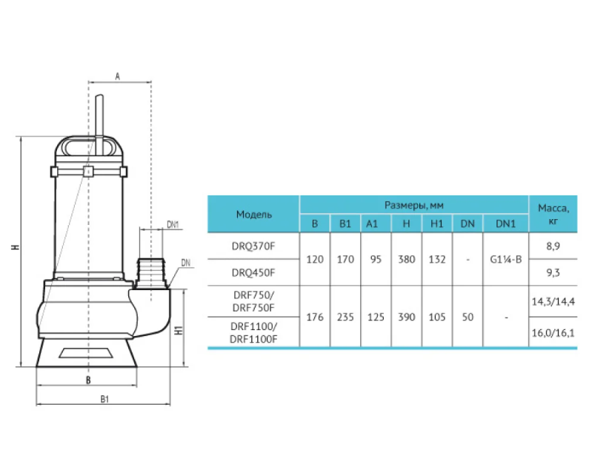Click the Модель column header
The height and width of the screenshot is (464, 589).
pyautogui.click(x=253, y=214)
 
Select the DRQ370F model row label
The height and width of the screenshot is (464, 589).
pyautogui.click(x=253, y=246)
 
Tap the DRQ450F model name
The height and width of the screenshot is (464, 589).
pyautogui.click(x=253, y=272)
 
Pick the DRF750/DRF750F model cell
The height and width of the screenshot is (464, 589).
pyautogui.click(x=253, y=301)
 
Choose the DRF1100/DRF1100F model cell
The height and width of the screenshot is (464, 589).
pyautogui.click(x=253, y=333)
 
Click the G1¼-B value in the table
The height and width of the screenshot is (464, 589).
pyautogui.click(x=505, y=259)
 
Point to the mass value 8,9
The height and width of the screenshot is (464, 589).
pyautogui.click(x=553, y=246)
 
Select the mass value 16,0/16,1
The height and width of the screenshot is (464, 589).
pyautogui.click(x=553, y=333)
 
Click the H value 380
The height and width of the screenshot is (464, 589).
pyautogui.click(x=407, y=259)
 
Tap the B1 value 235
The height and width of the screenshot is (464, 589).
pyautogui.click(x=345, y=317)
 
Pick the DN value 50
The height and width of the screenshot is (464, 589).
pyautogui.click(x=467, y=317)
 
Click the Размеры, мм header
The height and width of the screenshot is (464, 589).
pyautogui.click(x=413, y=206)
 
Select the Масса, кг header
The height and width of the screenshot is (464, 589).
pyautogui.click(x=553, y=214)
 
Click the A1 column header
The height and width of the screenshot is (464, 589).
pyautogui.click(x=371, y=224)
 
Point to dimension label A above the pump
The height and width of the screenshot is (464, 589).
pyautogui.click(x=118, y=76)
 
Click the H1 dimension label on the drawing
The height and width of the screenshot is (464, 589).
pyautogui.click(x=179, y=330)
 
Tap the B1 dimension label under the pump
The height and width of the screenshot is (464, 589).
pyautogui.click(x=104, y=399)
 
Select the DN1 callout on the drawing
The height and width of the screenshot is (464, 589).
pyautogui.click(x=173, y=224)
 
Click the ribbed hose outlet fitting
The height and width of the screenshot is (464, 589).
pyautogui.click(x=150, y=272)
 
